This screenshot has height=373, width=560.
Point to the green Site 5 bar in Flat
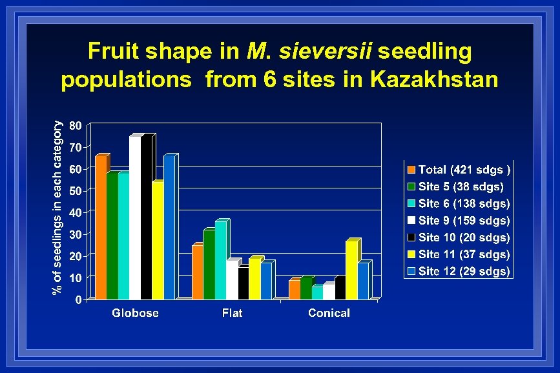pyautogui.click(x=209, y=265)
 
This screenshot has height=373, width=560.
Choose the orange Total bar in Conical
pyautogui.click(x=294, y=290)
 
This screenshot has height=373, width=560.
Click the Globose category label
pyautogui.click(x=135, y=313)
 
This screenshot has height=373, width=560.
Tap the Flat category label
pyautogui.click(x=232, y=313)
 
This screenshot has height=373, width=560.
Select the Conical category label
pyautogui.click(x=329, y=313)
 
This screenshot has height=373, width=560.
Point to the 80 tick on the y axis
pyautogui.click(x=75, y=125)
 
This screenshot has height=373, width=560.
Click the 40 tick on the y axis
pyautogui.click(x=75, y=212)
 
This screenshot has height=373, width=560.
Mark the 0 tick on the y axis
pyautogui.click(x=78, y=299)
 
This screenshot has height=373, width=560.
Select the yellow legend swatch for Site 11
pyautogui.click(x=411, y=254)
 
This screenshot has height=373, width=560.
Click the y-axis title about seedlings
pyautogui.click(x=58, y=208)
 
